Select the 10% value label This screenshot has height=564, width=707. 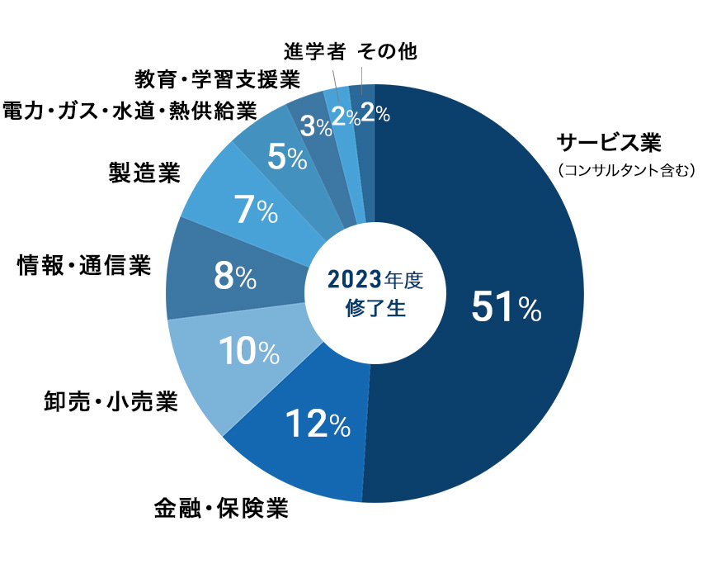pyautogui.click(x=248, y=353)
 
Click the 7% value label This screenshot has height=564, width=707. pyautogui.click(x=256, y=211)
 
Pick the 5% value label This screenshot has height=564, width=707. pyautogui.click(x=287, y=156)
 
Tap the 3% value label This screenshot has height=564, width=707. pyautogui.click(x=315, y=126)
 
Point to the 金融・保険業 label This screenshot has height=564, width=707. pyautogui.click(x=221, y=508)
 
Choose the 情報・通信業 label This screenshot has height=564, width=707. pyautogui.click(x=85, y=266)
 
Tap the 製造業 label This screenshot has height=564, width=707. pyautogui.click(x=144, y=173)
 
